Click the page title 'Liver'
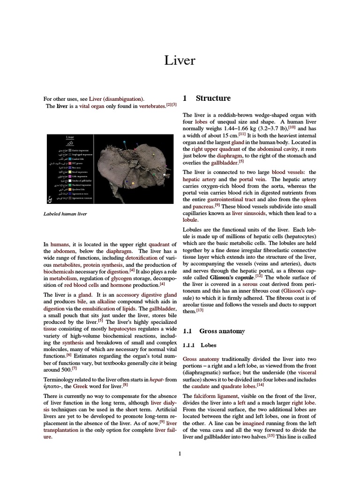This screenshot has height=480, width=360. (180, 60)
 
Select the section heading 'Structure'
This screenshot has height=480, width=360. (213, 98)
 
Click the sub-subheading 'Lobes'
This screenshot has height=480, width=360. (209, 345)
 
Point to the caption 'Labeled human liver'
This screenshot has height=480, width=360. (65, 214)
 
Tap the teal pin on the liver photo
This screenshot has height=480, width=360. (124, 142)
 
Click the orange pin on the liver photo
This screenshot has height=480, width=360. (133, 183)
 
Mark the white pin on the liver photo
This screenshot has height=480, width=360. (164, 174)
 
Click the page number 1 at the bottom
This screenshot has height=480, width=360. (180, 453)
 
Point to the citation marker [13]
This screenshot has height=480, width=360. (200, 310)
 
